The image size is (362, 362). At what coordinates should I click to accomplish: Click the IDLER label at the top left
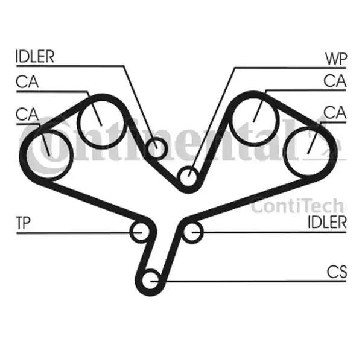pyautogui.click(x=35, y=57)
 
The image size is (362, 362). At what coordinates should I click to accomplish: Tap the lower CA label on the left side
pyautogui.click(x=28, y=113)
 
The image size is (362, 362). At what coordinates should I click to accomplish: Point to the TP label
pyautogui.click(x=24, y=224)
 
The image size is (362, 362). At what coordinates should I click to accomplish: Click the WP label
pyautogui.click(x=335, y=59)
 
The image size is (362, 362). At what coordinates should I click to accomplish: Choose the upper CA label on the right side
pyautogui.click(x=335, y=80)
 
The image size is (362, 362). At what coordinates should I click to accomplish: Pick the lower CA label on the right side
pyautogui.click(x=335, y=112)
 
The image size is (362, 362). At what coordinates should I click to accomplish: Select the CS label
pyautogui.click(x=337, y=273)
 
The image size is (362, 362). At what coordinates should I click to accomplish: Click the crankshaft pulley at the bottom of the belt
pyautogui.click(x=151, y=281)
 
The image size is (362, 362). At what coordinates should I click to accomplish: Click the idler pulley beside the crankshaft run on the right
pyautogui.click(x=192, y=232)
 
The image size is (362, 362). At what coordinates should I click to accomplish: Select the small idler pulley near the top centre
pyautogui.click(x=156, y=147)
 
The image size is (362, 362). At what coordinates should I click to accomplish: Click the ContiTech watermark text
pyautogui.click(x=297, y=206)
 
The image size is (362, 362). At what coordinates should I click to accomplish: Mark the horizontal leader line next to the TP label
pyautogui.click(x=72, y=232)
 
